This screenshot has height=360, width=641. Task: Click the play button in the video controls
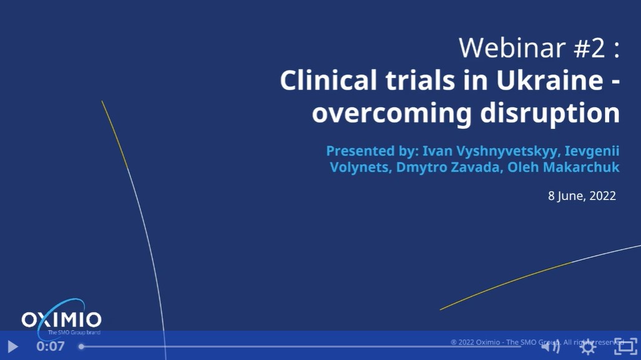pos(12,346)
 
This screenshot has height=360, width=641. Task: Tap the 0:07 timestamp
pos(51,346)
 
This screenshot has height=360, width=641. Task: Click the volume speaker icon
pos(550,346)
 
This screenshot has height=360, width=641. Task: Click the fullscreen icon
pos(625,346)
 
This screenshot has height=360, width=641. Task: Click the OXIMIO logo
pos(61,319)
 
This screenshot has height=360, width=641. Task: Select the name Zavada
pos(477,167)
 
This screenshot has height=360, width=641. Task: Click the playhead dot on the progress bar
pos(81,346)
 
